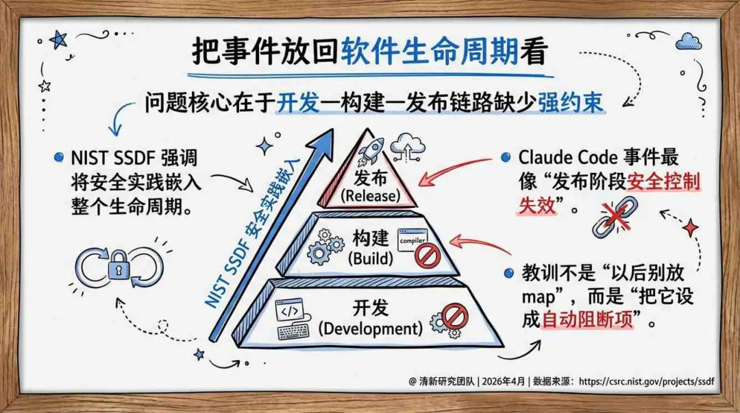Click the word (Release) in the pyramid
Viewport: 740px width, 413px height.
tap(371, 196)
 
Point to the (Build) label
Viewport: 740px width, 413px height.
tap(370, 259)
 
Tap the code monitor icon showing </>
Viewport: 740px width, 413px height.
tap(293, 312)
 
